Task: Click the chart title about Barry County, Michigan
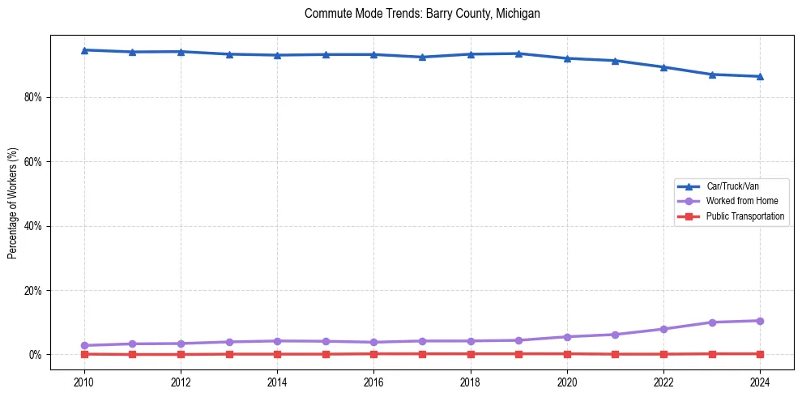[x=422, y=14]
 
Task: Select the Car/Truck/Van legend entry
[x=732, y=186]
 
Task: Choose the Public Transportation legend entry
[x=744, y=216]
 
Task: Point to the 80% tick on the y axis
[x=33, y=97]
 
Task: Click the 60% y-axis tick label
[x=33, y=161]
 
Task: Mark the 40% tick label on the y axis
[x=33, y=226]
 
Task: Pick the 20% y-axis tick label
[x=33, y=290]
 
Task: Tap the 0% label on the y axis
[x=36, y=355]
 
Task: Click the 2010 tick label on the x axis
[x=84, y=381]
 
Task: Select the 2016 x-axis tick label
[x=373, y=381]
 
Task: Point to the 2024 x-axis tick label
[x=760, y=381]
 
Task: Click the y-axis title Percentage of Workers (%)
[x=12, y=203]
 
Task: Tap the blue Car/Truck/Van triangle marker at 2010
[x=84, y=50]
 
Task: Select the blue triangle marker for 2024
[x=760, y=76]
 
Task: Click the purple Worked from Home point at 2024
[x=760, y=321]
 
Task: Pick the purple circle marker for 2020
[x=567, y=337]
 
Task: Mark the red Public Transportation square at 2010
[x=84, y=354]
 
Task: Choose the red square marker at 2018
[x=471, y=353]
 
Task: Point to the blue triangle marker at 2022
[x=663, y=67]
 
